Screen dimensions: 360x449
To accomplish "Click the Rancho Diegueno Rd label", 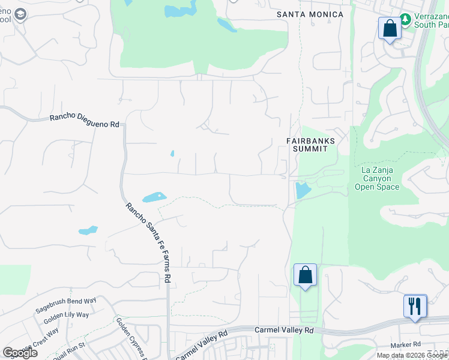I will click(84, 121).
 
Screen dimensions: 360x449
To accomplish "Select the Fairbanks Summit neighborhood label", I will click(310, 145).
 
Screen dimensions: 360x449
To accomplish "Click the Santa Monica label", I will click(310, 14).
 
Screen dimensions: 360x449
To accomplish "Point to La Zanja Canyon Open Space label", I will click(380, 178).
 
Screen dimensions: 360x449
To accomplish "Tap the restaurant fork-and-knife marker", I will click(415, 305).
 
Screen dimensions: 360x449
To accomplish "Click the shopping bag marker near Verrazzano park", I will click(389, 28).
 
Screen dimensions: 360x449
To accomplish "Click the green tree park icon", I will click(406, 20).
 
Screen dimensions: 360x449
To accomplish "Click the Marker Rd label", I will click(405, 344).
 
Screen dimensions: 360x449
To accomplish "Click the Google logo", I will click(20, 352).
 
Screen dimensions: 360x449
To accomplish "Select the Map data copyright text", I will click(411, 355).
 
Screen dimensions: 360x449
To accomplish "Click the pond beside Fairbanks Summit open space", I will click(302, 191).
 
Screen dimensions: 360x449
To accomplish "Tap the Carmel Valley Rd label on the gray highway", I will click(284, 330).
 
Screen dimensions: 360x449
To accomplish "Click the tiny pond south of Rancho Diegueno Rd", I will click(172, 154).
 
